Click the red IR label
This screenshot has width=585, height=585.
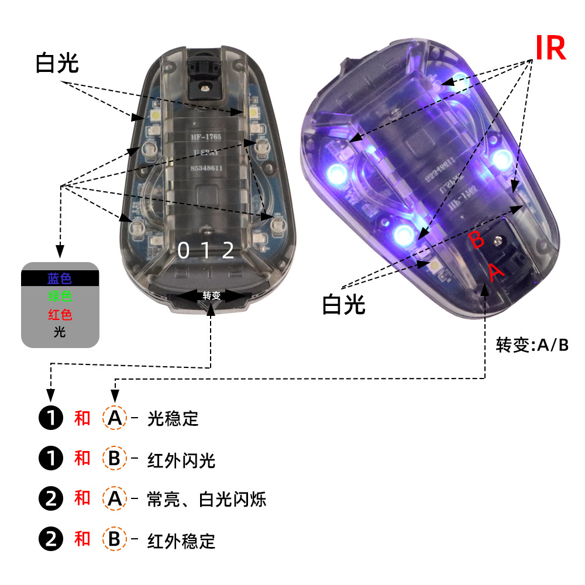[550, 48]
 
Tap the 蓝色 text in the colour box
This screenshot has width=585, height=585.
[60, 278]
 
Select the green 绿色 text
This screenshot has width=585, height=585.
[60, 297]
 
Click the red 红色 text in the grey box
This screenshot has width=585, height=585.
[60, 315]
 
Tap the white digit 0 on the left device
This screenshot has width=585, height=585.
[184, 250]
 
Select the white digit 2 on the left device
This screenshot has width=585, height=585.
[228, 250]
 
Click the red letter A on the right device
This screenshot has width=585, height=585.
[495, 271]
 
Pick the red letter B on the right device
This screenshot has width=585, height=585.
[477, 239]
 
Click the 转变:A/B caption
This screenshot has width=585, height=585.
[532, 345]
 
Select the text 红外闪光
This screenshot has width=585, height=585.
[181, 460]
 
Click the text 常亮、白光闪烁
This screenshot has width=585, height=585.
[207, 500]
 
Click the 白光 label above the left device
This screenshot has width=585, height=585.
[57, 63]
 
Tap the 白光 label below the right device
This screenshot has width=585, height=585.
[343, 304]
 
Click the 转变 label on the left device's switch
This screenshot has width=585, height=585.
[212, 295]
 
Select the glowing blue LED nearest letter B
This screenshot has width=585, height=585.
[404, 234]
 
